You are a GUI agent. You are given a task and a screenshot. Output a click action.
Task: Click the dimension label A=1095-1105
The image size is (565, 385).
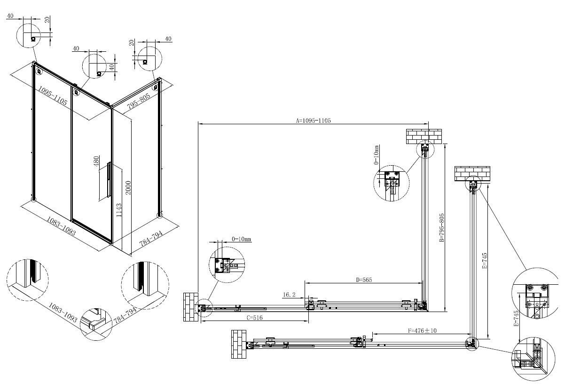coord(313,121)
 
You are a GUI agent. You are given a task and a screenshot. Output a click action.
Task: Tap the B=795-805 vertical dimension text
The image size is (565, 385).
coord(441,228)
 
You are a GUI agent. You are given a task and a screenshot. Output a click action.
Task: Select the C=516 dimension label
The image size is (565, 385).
coord(254,318)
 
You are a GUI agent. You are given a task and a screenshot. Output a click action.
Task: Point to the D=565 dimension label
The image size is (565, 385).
coord(364,280)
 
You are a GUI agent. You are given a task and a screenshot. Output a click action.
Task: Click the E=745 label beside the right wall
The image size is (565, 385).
coord(485,261)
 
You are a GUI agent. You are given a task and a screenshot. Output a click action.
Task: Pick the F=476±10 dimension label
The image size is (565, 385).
coord(422,330)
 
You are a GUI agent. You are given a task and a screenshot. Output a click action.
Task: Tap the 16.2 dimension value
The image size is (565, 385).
coord(289,295)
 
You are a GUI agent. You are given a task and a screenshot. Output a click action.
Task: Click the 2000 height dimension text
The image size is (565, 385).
coord(128,187)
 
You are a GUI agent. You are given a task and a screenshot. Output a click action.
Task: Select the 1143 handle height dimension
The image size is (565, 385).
coord(119,210)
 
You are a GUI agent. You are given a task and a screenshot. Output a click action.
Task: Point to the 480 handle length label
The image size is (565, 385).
coord(96,161)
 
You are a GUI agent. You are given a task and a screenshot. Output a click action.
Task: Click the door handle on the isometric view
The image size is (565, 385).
coord(109,180)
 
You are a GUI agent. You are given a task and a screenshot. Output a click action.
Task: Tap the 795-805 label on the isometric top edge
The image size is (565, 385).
coord(139,101)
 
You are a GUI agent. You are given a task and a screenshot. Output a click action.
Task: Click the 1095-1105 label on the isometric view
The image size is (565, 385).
coord(53,96)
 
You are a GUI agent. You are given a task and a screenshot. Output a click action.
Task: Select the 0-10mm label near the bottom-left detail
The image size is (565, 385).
coord(242,239)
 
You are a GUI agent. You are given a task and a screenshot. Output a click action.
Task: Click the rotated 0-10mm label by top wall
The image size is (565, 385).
coord(376,155)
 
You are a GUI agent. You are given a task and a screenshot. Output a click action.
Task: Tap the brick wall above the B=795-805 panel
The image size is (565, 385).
coord(424,136)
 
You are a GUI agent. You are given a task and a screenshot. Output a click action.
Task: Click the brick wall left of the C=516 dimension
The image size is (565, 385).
coord(191,307)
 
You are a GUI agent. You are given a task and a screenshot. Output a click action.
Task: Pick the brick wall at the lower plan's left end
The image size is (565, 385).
coord(239,344)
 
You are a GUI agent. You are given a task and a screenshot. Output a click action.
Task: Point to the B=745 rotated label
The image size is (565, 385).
coord(516,318)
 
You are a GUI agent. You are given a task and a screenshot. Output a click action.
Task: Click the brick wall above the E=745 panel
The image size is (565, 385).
coord(472,174)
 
